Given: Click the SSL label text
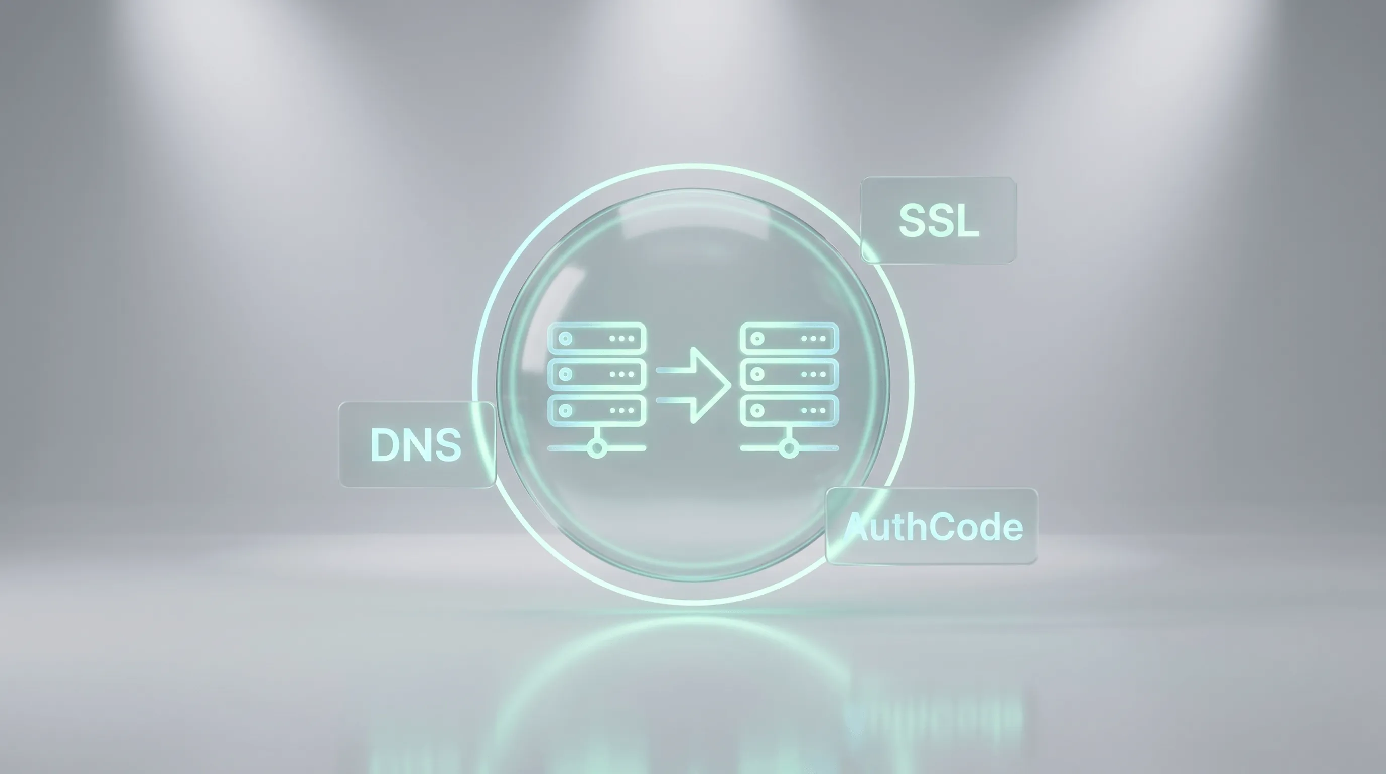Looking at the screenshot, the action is (939, 220).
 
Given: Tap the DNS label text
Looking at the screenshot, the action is (416, 444).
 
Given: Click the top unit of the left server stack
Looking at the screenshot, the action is (597, 339).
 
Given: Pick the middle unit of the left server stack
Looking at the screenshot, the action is (597, 374).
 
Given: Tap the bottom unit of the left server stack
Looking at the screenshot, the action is (597, 410).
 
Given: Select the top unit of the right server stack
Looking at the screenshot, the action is (789, 339).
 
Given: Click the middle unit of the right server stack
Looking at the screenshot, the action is (789, 374).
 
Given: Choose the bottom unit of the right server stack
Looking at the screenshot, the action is (789, 410).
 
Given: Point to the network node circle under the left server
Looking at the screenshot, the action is (597, 448).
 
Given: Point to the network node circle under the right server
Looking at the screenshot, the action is (789, 448).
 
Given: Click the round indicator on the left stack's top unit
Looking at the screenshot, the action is (565, 339).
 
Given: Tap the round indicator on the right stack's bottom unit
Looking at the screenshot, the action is (757, 410).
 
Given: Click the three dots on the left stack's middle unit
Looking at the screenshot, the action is (622, 374).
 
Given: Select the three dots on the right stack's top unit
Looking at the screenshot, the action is (814, 339).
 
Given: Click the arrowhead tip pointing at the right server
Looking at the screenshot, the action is (731, 385).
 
